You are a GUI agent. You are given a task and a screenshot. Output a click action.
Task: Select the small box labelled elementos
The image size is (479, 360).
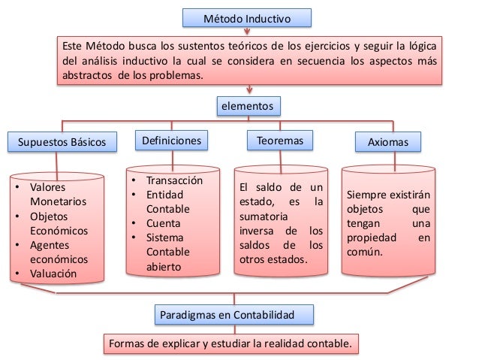246,107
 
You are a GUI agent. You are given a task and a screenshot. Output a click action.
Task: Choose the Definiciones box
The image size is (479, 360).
170,141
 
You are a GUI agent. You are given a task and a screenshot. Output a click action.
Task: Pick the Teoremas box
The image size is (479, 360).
279,141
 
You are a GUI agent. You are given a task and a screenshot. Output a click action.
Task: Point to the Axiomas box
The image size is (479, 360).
388,141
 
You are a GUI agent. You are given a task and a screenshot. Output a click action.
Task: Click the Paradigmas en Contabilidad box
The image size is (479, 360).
234,313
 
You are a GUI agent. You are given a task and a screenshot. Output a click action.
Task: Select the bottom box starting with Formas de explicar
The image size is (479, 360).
230,344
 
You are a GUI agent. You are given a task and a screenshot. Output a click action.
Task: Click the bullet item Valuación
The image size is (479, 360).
53,274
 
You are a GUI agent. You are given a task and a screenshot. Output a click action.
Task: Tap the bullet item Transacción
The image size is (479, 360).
174,180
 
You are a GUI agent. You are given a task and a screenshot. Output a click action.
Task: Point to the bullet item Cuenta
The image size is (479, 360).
164,223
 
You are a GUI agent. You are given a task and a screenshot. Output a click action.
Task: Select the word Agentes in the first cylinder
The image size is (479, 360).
50,245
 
